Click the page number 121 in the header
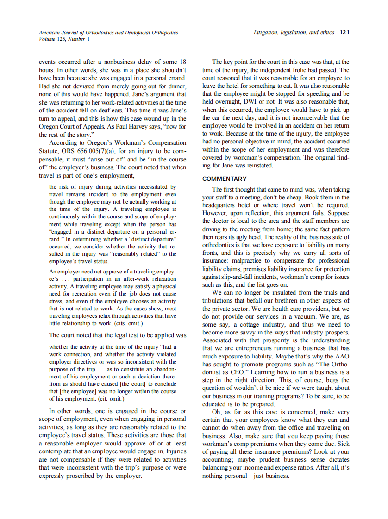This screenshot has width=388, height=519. [344, 32]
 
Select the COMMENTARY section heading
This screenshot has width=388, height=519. [225, 179]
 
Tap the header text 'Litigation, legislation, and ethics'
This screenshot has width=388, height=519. [294, 32]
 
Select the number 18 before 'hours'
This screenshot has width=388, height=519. [182, 62]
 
